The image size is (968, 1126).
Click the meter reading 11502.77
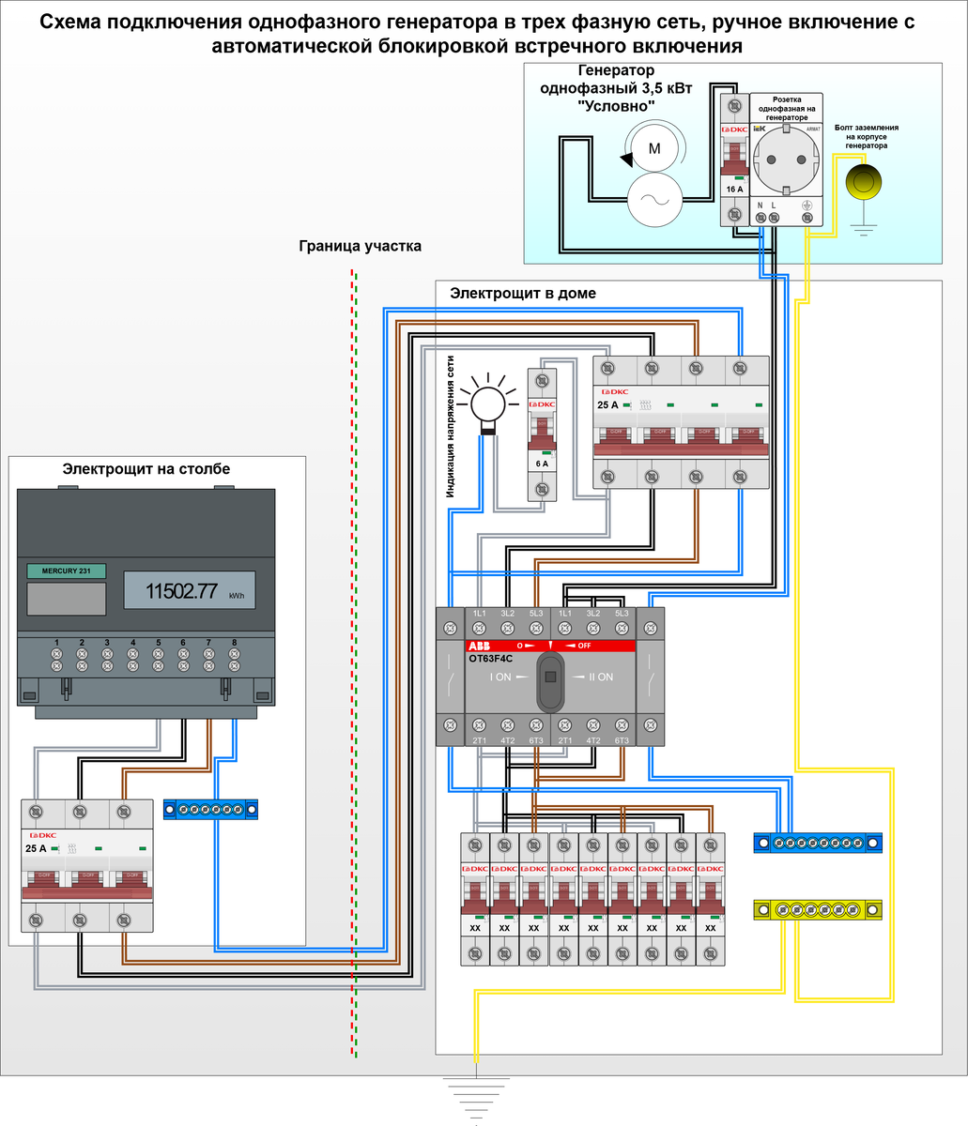point(181,592)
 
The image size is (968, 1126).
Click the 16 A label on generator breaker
point(733,189)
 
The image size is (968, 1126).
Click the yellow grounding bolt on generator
point(864,181)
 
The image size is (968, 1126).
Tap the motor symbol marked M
point(655,148)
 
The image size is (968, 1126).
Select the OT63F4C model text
point(489,659)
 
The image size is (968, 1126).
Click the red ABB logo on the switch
point(479,646)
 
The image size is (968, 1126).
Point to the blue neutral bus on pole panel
point(211,809)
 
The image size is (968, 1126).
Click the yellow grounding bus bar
point(818,909)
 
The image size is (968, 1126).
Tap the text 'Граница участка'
point(360,247)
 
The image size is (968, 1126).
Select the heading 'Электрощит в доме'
point(523,294)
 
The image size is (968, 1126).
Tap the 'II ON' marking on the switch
point(595,677)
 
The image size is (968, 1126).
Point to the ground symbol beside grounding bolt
point(864,224)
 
